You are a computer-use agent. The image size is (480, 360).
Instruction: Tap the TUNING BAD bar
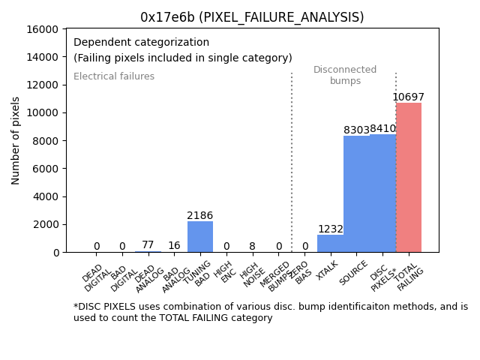tap(200, 236)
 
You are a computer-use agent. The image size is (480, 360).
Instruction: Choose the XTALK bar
tap(330, 243)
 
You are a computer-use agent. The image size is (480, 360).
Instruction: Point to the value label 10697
tap(409, 97)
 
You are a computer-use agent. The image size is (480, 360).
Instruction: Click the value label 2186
tap(200, 216)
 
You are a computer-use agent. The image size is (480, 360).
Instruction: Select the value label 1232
tap(330, 229)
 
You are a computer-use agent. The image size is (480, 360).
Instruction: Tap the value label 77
tap(148, 245)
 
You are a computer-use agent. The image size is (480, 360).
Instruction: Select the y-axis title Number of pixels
tap(16, 140)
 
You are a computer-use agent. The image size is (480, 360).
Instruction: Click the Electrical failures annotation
tap(114, 76)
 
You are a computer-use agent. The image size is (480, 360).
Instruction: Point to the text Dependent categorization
tap(142, 42)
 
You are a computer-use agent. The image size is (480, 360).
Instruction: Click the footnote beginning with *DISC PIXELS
tap(270, 312)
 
